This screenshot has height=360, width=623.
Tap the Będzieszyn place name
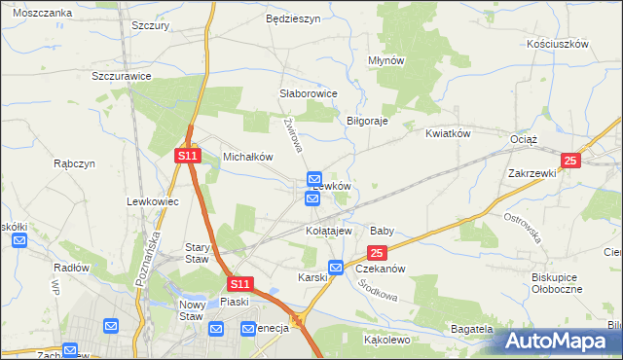point(293,18)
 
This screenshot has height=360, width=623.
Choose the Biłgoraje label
point(368,121)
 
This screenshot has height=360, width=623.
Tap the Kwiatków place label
point(448,133)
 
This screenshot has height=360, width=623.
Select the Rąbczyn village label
point(75,164)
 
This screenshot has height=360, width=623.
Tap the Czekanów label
point(380,268)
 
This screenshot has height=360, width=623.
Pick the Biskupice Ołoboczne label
point(556,283)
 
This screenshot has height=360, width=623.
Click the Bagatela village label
point(472,331)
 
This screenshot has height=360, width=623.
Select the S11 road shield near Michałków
point(188,156)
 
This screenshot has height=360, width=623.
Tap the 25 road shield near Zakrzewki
point(570,161)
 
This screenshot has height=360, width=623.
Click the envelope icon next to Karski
point(336,268)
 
